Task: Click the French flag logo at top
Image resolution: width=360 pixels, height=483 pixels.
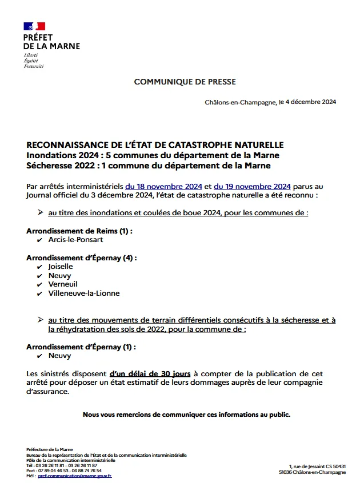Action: (x=34, y=26)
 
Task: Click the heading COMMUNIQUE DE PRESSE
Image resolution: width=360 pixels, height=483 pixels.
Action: (x=185, y=82)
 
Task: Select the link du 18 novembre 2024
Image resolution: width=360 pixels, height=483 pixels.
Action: (x=164, y=186)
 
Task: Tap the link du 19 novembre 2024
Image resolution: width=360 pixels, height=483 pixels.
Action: (x=253, y=186)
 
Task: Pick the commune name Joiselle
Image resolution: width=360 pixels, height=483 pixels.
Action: (x=61, y=267)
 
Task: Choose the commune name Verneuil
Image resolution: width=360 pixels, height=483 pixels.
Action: (x=63, y=284)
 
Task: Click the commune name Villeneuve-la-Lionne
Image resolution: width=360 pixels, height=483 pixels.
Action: (x=84, y=293)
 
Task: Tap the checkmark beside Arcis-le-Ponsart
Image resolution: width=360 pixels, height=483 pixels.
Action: (x=39, y=240)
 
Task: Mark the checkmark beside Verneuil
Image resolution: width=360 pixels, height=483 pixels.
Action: (x=39, y=285)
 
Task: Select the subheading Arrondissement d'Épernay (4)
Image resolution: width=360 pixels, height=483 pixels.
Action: (x=82, y=257)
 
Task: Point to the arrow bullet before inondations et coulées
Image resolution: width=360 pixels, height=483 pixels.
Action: (x=41, y=212)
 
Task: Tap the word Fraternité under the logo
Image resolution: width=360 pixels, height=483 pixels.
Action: (x=33, y=66)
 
